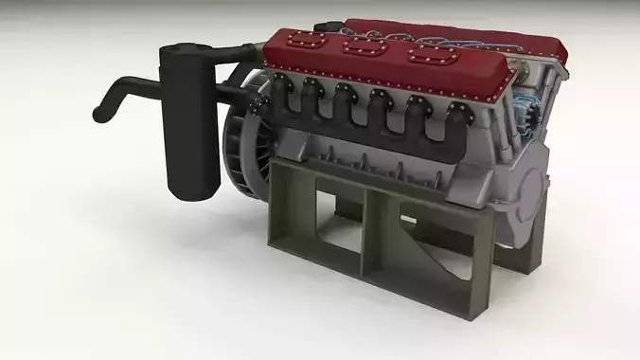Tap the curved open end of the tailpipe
coord(98,116)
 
